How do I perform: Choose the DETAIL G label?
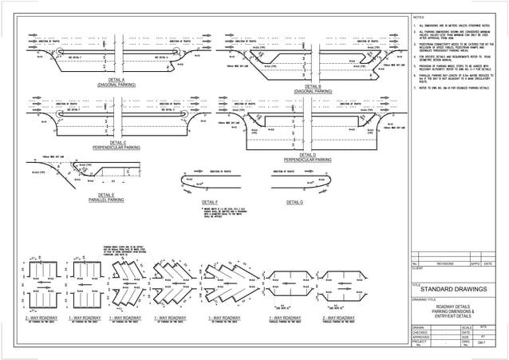click(294, 203)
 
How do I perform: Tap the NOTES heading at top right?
click(419, 17)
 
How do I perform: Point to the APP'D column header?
click(475, 263)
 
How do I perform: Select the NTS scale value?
click(485, 327)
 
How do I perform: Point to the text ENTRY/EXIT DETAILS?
click(458, 316)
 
